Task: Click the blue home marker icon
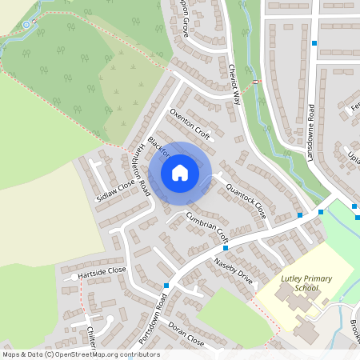tap(180, 172)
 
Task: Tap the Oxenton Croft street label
tap(190, 125)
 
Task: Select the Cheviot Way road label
tap(234, 84)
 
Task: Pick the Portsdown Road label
tap(152, 318)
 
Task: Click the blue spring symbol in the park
tap(26, 25)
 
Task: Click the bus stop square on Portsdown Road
tap(166, 286)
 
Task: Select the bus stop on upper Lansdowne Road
tap(314, 43)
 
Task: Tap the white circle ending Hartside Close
tap(74, 277)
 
